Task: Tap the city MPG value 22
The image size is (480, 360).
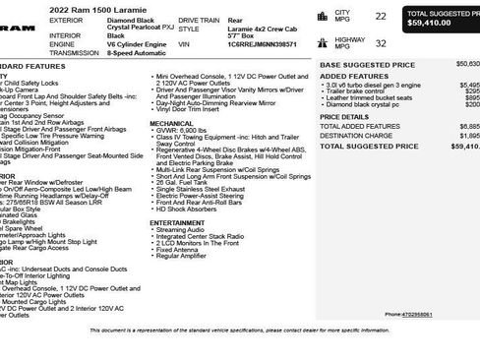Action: (353, 16)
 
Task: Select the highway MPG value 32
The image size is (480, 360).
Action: (353, 42)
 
